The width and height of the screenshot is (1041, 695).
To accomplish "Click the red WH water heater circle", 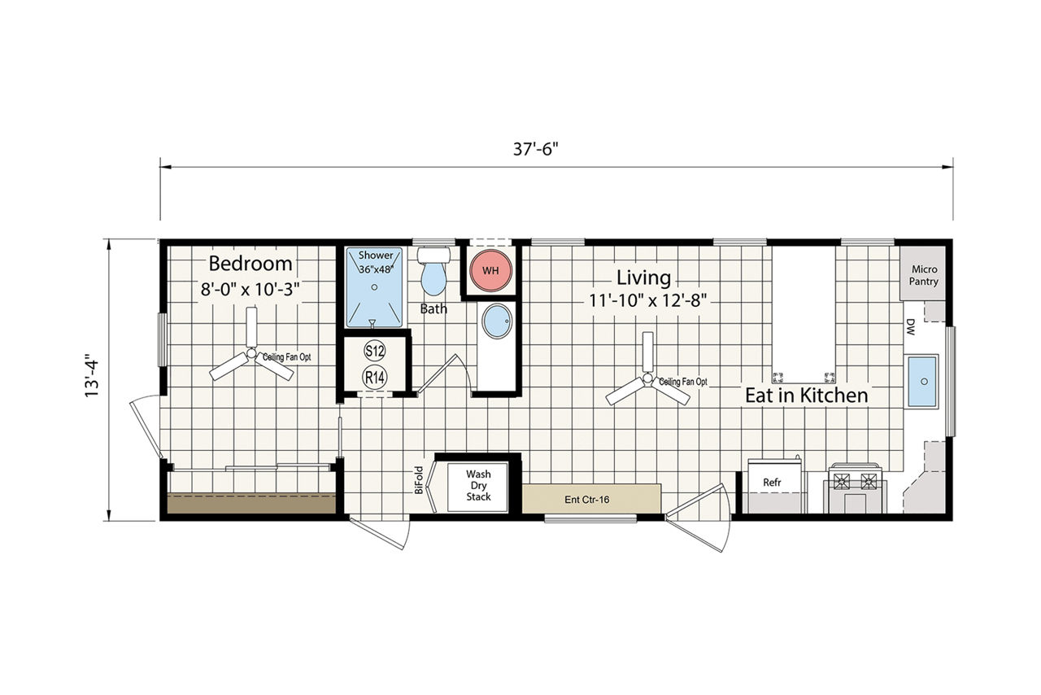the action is pyautogui.click(x=490, y=270).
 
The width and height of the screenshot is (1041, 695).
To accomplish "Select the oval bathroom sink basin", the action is pyautogui.click(x=497, y=321).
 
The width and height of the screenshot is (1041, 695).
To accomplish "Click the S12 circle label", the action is pyautogui.click(x=375, y=351).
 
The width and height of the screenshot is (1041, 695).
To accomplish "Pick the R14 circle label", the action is pyautogui.click(x=375, y=378).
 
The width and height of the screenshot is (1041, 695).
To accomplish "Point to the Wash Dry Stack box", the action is pyautogui.click(x=477, y=487).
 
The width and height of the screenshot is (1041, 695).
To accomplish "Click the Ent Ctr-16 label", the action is pyautogui.click(x=586, y=500).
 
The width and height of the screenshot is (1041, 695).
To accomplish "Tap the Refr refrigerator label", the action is pyautogui.click(x=772, y=483).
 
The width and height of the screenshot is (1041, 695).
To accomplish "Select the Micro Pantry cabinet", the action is pyautogui.click(x=922, y=273).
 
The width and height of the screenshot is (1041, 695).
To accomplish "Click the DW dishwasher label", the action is pyautogui.click(x=910, y=326).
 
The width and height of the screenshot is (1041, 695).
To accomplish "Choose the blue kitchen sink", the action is pyautogui.click(x=922, y=381).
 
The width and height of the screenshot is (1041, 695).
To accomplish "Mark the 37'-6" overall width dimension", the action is pyautogui.click(x=535, y=149).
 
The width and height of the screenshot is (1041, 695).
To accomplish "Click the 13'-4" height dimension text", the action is pyautogui.click(x=92, y=378).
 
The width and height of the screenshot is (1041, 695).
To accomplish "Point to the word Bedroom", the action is pyautogui.click(x=250, y=264).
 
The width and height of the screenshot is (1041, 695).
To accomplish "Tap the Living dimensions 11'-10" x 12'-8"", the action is pyautogui.click(x=648, y=300).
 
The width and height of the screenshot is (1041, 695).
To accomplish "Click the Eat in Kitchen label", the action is pyautogui.click(x=807, y=396).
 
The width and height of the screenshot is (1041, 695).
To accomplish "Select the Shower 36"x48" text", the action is pyautogui.click(x=376, y=262).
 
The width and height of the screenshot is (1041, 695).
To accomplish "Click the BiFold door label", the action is pyautogui.click(x=419, y=480).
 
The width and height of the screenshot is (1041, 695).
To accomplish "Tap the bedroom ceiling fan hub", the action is pyautogui.click(x=251, y=353).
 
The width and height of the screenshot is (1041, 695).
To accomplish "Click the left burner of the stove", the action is pyautogui.click(x=841, y=481).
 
